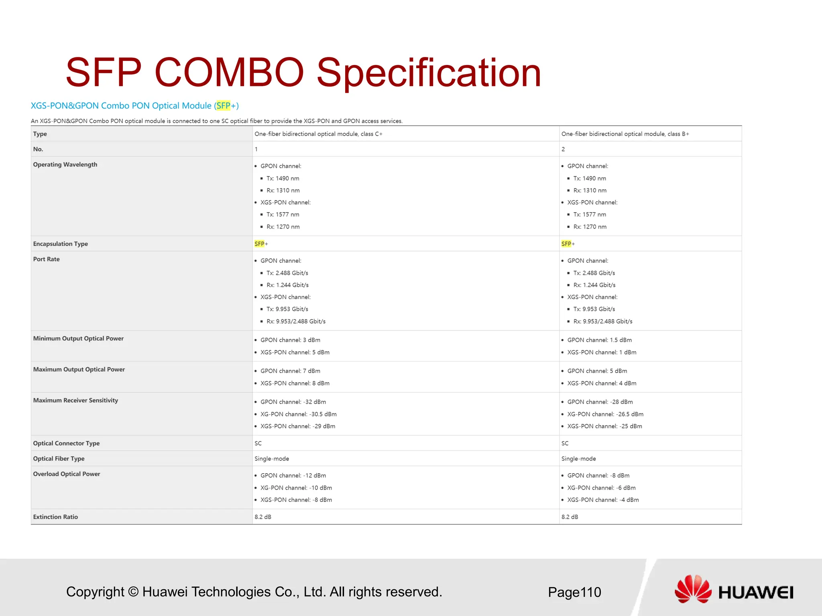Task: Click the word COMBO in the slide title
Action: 229,73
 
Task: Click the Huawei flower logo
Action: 692,589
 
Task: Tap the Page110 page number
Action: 574,592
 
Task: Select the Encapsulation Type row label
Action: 60,244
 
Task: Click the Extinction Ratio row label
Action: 55,517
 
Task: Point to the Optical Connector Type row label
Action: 66,443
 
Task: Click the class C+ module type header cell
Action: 318,134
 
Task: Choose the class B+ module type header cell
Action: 625,134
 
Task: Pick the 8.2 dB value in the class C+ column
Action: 263,517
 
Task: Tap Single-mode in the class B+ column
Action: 578,458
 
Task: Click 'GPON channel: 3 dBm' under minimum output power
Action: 290,340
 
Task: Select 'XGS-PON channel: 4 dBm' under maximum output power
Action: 602,383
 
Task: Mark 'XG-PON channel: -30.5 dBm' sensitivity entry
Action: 298,414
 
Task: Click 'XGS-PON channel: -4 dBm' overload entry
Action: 603,500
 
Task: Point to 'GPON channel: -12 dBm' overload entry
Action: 293,476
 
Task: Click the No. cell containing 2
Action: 563,149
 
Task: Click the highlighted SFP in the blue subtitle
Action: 224,105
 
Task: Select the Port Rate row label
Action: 46,259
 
